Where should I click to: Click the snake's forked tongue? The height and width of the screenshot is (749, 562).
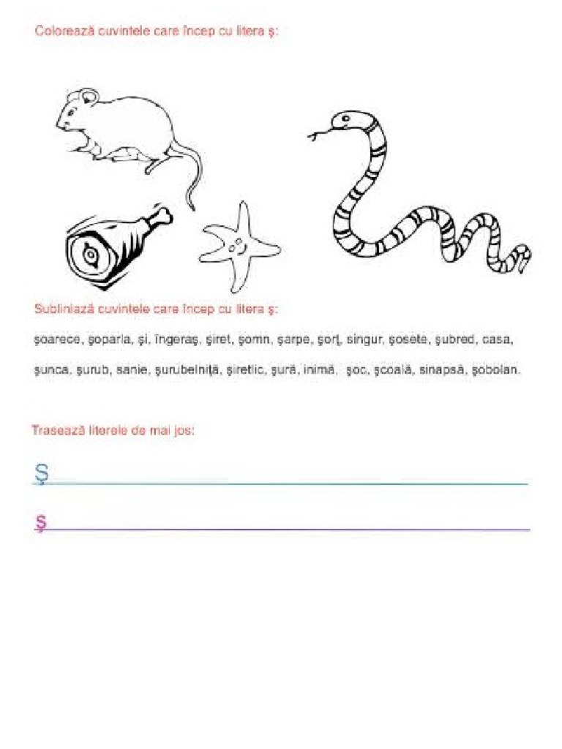[x=315, y=135]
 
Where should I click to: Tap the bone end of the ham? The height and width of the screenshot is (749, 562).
[x=162, y=216]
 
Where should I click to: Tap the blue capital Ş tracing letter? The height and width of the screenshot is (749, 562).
[x=41, y=474]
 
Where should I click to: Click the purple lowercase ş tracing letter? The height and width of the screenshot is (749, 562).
[x=41, y=522]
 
